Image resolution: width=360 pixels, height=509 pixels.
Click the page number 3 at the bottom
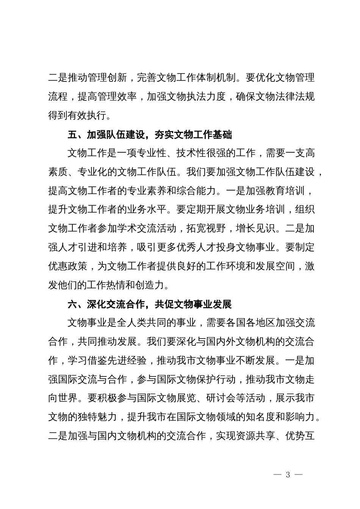[x=288, y=475]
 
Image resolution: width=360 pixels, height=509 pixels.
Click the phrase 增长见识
[x=255, y=229]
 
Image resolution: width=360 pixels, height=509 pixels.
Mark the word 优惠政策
[x=68, y=267]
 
